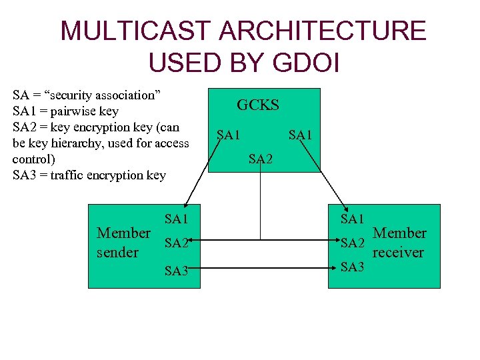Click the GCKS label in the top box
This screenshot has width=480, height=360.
click(x=258, y=105)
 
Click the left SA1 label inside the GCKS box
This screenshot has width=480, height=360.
click(x=228, y=135)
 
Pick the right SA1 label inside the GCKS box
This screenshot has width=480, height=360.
click(x=300, y=135)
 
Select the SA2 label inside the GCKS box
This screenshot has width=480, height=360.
click(x=261, y=159)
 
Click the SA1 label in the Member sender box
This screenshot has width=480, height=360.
click(x=176, y=219)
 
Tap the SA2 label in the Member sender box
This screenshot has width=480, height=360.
click(x=176, y=244)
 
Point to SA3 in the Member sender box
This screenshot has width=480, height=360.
click(x=176, y=270)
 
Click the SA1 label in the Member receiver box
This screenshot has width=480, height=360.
click(x=352, y=219)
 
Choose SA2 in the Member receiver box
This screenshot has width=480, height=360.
click(x=352, y=243)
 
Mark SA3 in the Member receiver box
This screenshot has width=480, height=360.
click(x=352, y=267)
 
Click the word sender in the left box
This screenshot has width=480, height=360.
click(x=118, y=253)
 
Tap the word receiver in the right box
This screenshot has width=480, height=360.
click(x=398, y=253)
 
